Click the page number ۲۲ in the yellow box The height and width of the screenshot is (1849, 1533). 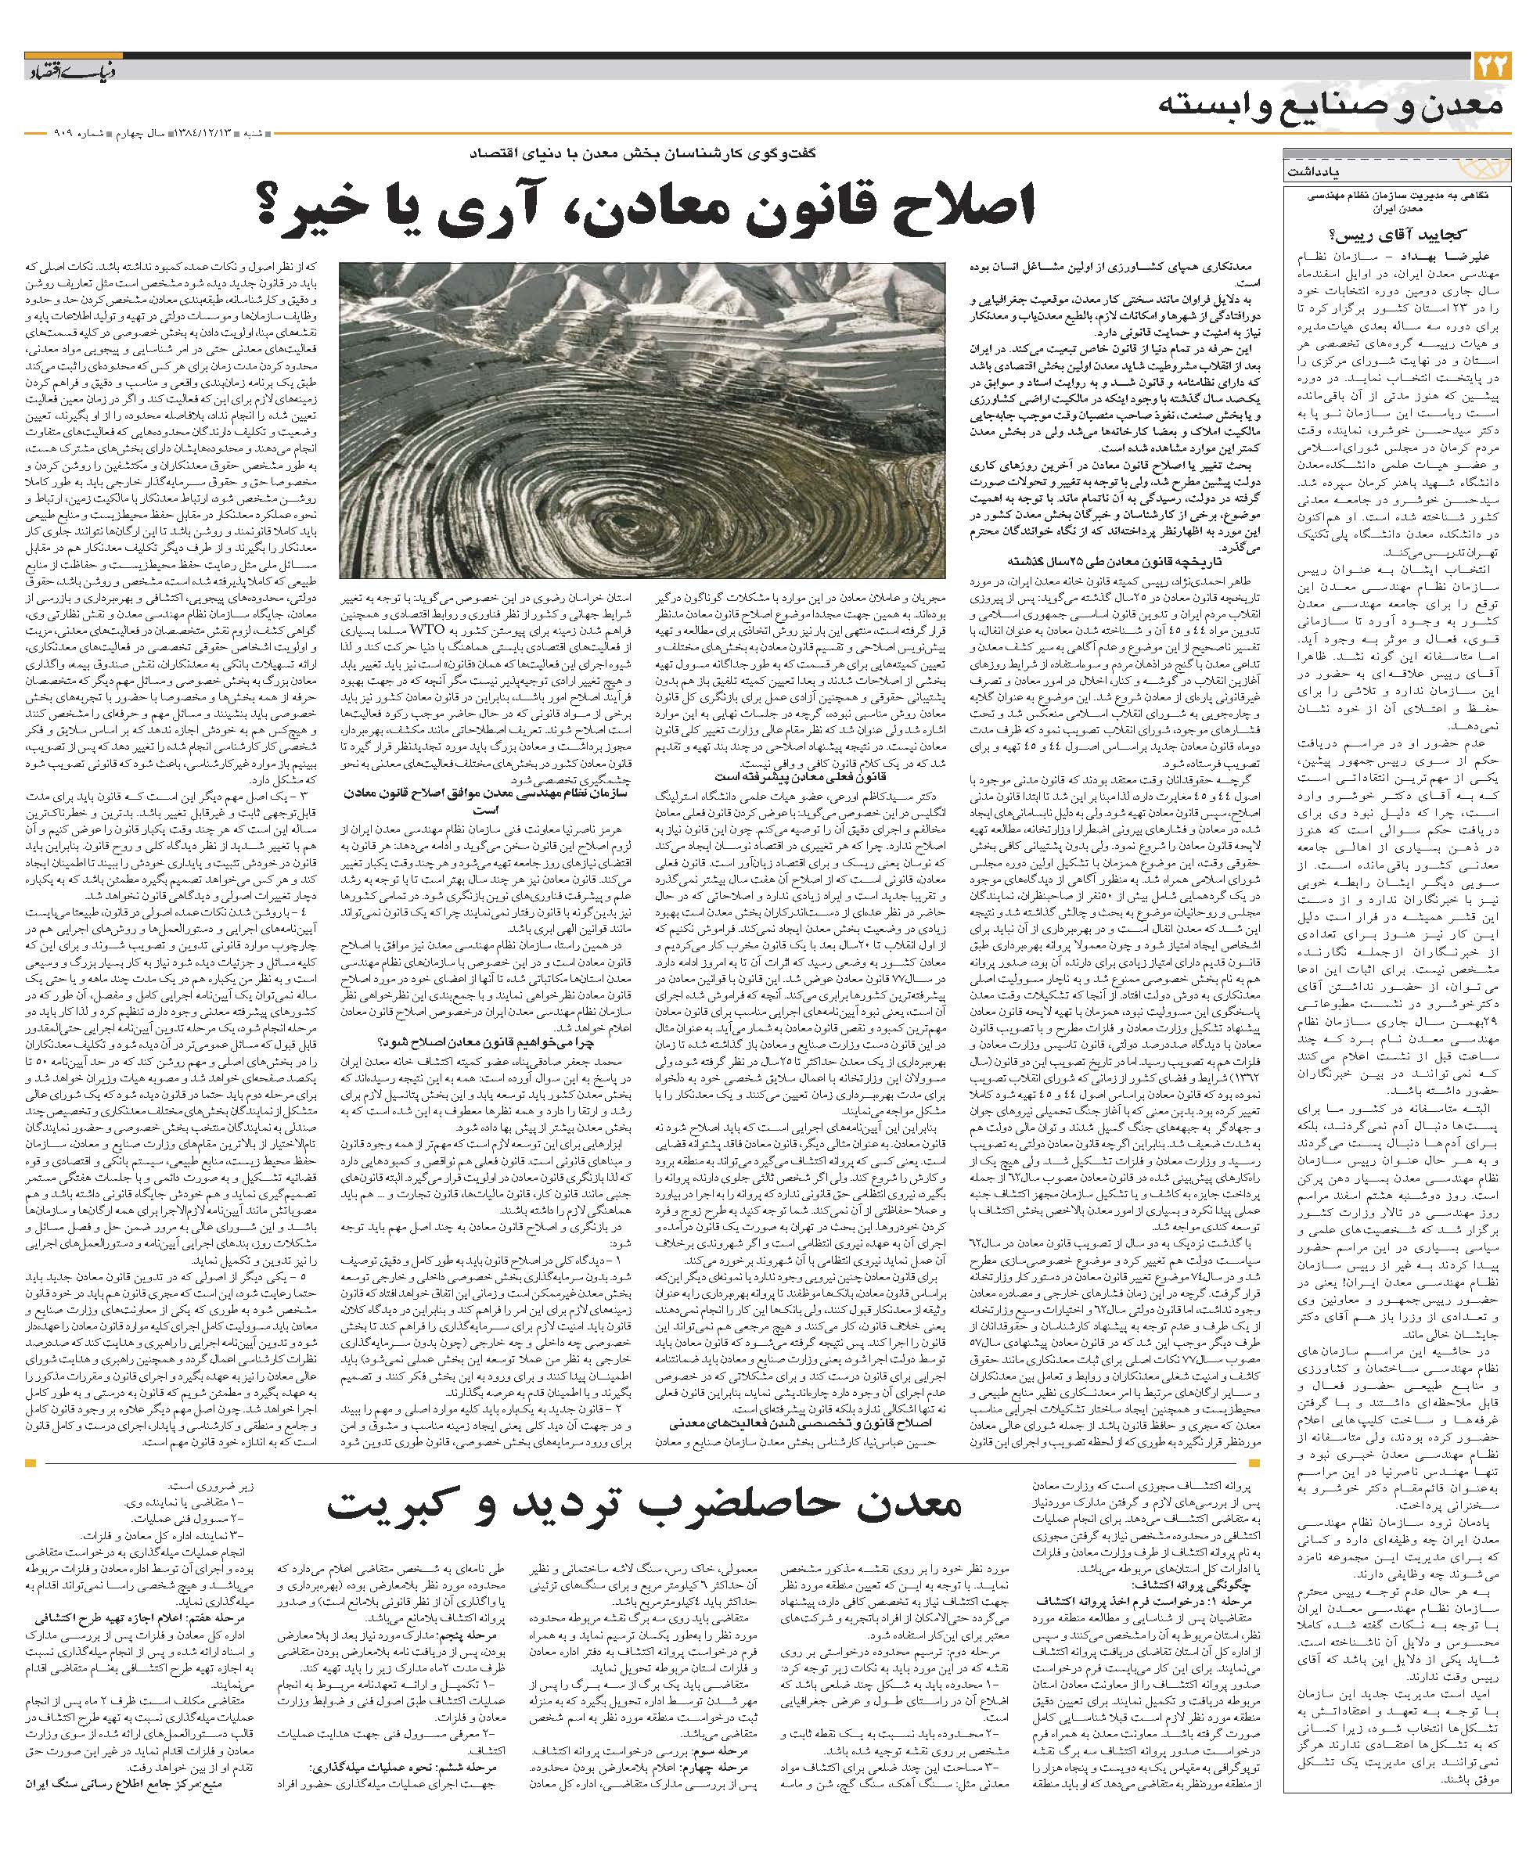pyautogui.click(x=1492, y=68)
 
